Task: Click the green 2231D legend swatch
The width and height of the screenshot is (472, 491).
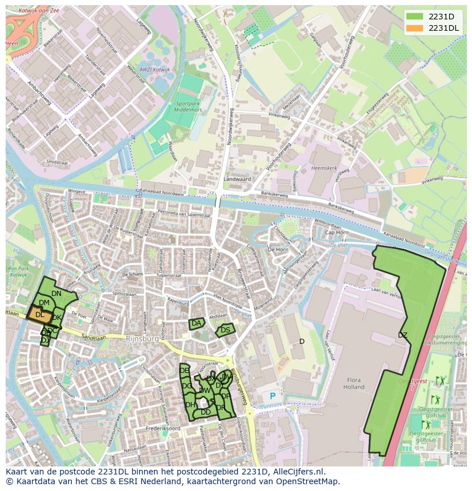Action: coord(415,17)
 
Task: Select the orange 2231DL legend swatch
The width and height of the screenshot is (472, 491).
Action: coord(415,28)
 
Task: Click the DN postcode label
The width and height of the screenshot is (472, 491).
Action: coord(56,294)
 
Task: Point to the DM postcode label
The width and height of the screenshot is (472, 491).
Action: coord(44,303)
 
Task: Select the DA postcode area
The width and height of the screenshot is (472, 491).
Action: coord(197,323)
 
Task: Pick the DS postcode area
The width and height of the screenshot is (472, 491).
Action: coord(225,330)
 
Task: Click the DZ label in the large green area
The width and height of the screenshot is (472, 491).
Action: coord(402,335)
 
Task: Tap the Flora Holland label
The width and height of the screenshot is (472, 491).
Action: coord(353,383)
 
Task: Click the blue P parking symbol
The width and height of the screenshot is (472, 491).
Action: coord(272,396)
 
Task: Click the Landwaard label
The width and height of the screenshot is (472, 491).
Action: coord(237,178)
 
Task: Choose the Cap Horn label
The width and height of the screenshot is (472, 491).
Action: coord(336,233)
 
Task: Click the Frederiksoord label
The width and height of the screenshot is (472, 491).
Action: coord(163,428)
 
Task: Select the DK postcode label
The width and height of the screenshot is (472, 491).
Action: coord(56,318)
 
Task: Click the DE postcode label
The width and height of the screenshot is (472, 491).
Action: coord(184,371)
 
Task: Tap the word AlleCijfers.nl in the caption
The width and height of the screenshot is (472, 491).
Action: coord(298,472)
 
